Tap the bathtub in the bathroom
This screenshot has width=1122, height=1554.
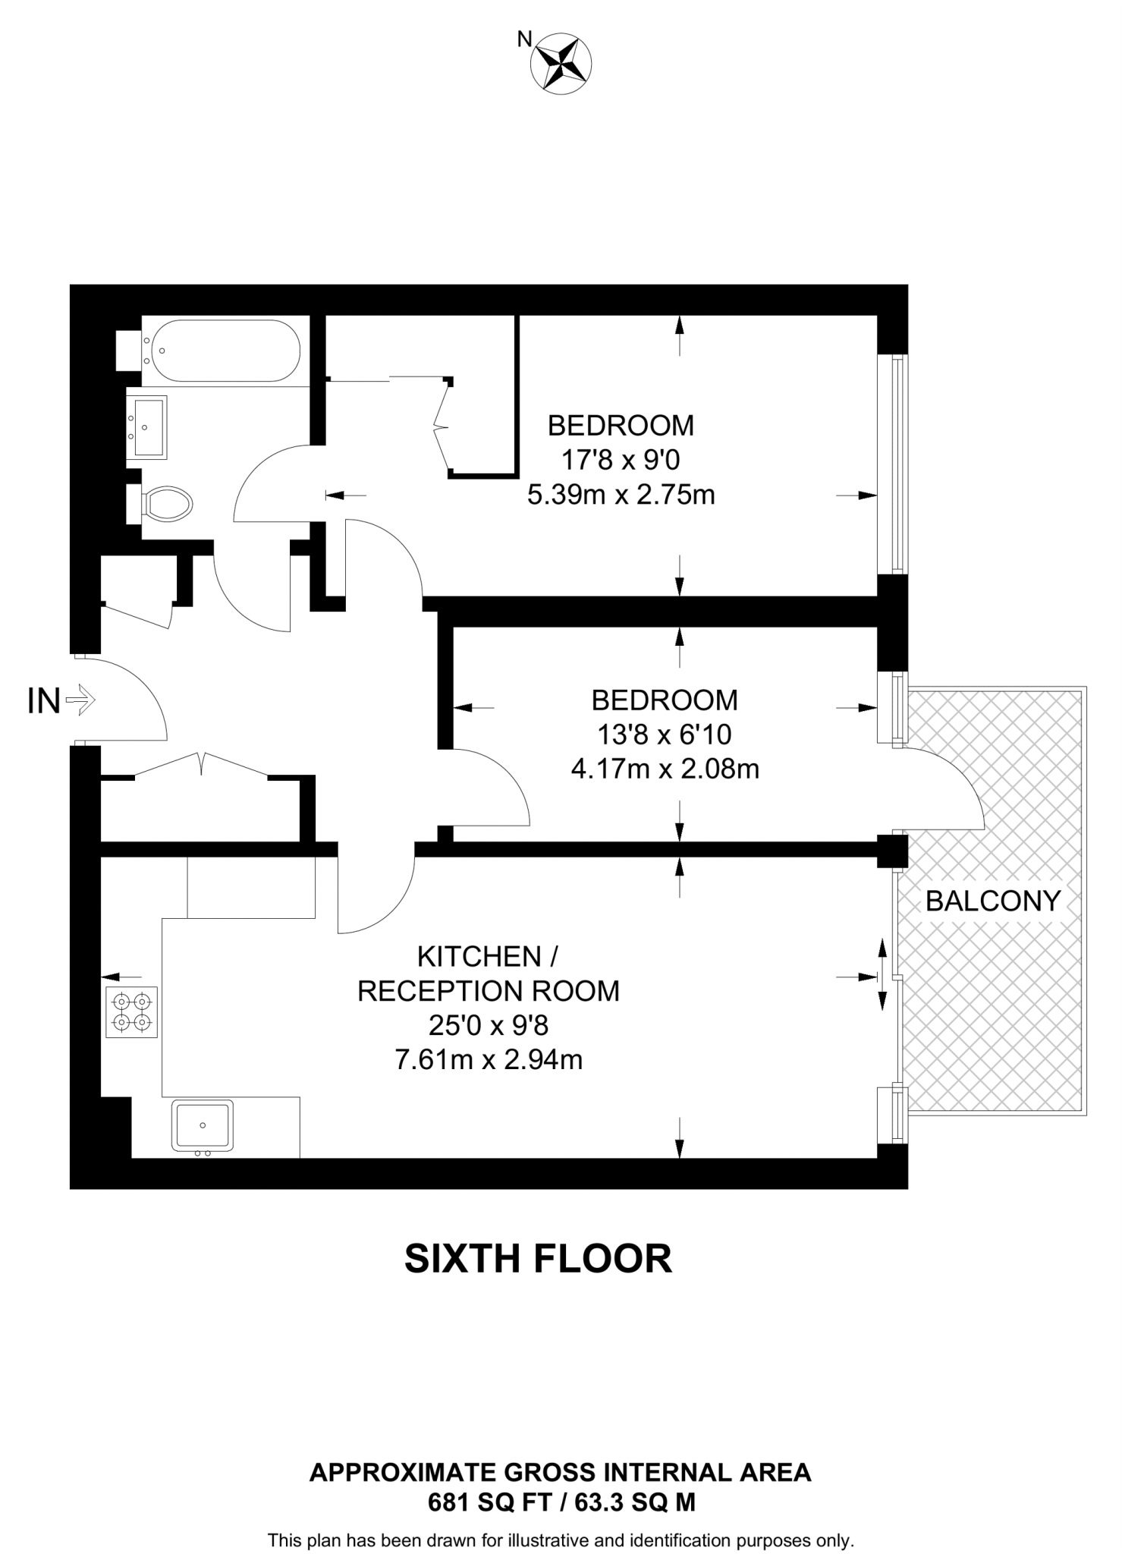pos(225,351)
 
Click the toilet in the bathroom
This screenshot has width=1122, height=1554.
pos(168,503)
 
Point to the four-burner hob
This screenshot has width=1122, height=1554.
pos(131,1012)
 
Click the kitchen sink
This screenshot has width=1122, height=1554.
pos(203,1125)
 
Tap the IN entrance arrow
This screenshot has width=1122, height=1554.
pos(80,700)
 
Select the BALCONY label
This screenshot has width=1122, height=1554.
pos(992,901)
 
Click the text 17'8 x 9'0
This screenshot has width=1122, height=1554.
pos(620,460)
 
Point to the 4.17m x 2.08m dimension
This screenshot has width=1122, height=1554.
pos(665,769)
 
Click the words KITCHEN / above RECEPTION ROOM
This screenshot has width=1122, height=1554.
pos(488,956)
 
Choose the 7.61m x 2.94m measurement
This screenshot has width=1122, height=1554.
pos(489,1059)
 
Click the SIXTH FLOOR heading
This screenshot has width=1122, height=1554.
pos(538,1258)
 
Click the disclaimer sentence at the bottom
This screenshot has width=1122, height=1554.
pos(561,1540)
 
